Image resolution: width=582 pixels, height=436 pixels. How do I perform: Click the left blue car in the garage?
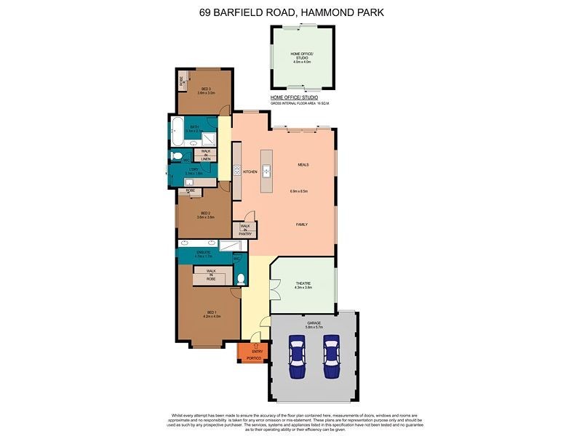[x=297, y=357]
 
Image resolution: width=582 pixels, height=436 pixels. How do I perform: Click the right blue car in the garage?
[x=332, y=357]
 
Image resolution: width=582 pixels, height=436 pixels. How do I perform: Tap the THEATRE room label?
[x=303, y=286]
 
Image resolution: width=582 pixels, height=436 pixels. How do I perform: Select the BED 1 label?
[x=211, y=315]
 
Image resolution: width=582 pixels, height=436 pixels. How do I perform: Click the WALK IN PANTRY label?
[x=244, y=230]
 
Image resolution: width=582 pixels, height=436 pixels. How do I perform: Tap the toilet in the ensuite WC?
[x=241, y=279]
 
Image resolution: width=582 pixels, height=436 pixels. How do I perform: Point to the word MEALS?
[x=303, y=165]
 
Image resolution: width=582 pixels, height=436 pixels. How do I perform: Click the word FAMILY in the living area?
[x=301, y=225]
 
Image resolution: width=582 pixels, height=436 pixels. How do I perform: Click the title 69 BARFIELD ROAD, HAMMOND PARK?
[x=291, y=12]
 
